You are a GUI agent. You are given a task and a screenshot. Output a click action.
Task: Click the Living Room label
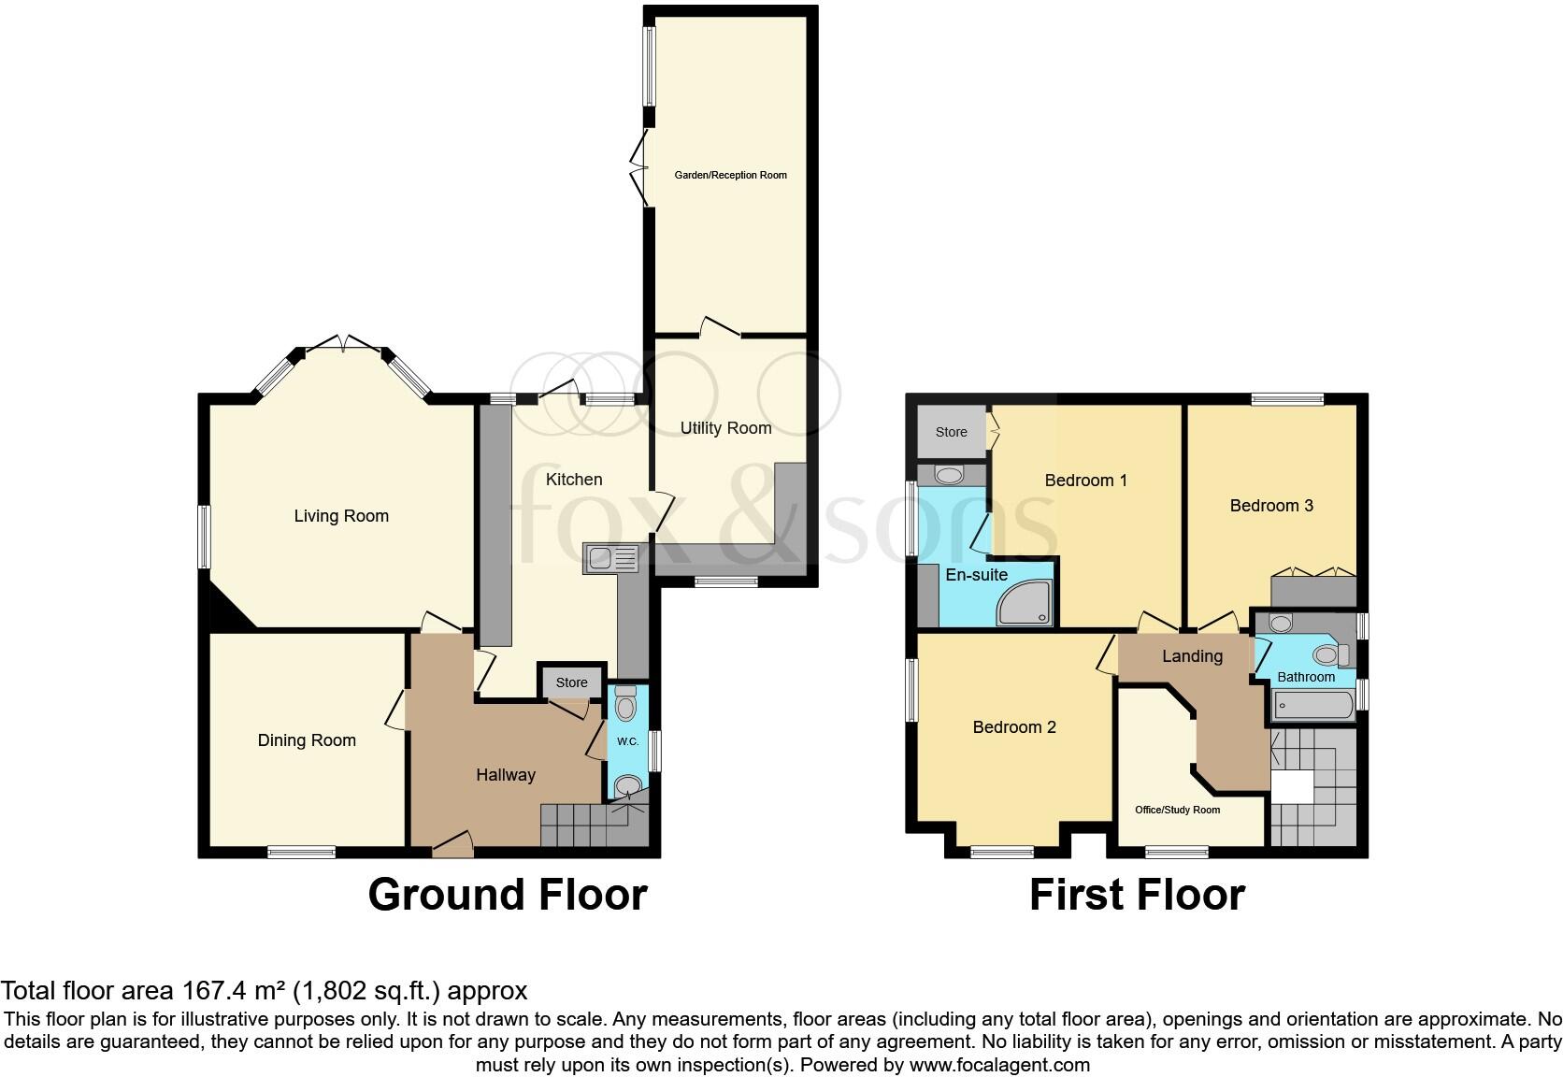341,516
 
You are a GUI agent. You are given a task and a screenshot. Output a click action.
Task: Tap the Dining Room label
307,740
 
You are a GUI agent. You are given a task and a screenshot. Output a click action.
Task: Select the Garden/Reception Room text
731,175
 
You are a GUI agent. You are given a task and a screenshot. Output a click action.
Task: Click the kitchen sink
610,558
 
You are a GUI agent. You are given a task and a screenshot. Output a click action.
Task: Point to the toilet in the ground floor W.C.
625,704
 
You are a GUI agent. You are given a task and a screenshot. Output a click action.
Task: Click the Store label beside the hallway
571,682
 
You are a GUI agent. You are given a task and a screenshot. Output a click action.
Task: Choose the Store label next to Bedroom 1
951,432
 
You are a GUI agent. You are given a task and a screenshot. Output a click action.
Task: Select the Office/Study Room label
1177,810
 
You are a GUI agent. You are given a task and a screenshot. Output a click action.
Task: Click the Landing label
1192,656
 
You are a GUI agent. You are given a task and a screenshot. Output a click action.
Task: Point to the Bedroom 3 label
1271,506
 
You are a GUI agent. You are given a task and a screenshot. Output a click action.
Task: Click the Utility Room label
725,428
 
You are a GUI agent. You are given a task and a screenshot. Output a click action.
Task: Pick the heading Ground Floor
507,895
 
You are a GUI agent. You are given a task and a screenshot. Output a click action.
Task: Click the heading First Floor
1137,895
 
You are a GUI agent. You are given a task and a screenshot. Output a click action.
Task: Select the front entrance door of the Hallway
452,844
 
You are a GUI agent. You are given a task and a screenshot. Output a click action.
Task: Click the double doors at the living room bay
342,343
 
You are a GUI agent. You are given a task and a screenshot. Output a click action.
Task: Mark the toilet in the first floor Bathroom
1327,653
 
